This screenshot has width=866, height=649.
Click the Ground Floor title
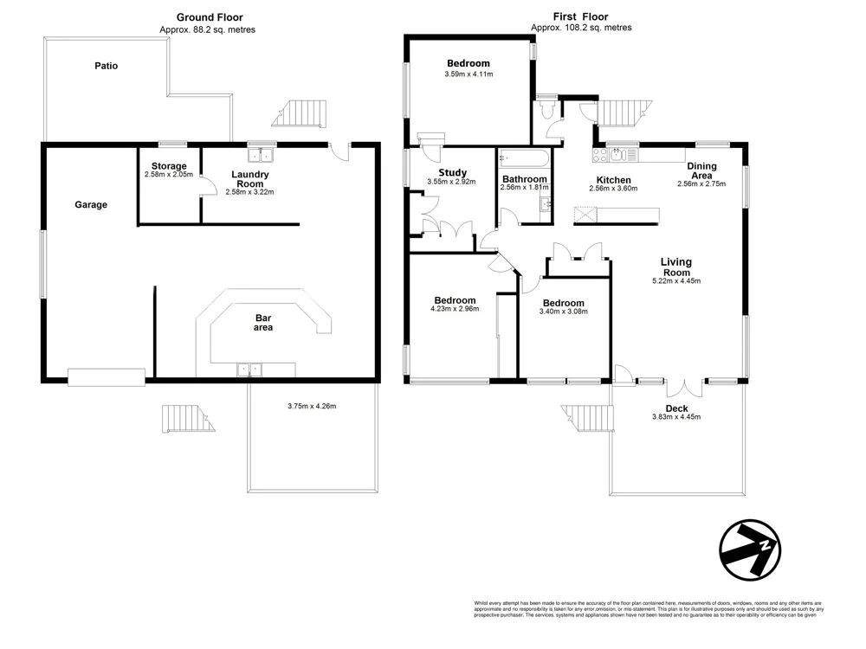coord(209,16)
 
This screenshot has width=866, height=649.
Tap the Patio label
coord(107,66)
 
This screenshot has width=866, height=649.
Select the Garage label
coord(91,205)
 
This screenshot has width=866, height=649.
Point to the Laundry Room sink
coord(261,155)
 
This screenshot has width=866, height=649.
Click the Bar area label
coord(263,322)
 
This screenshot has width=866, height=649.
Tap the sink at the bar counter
coord(250,369)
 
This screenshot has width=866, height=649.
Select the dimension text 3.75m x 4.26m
coord(311,406)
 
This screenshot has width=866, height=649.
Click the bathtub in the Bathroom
coord(524,157)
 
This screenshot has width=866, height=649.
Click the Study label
coord(447,172)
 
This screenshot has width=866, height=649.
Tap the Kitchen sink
coord(620,155)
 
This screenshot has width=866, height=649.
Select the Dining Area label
coord(701,170)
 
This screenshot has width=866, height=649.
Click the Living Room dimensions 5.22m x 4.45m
coord(676,280)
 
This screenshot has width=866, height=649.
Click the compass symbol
coord(750,549)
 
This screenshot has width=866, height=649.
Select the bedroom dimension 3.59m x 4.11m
coord(468,74)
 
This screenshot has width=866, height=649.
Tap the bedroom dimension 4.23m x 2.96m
coord(455,309)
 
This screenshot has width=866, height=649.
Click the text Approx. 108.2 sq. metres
coord(581,28)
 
